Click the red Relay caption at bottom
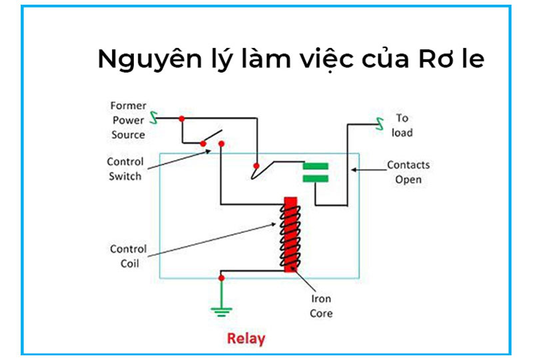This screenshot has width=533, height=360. tap(246, 339)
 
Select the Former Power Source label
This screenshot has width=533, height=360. tap(128, 120)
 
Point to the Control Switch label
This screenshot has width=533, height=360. tap(124, 169)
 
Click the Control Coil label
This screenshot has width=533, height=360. tap(128, 256)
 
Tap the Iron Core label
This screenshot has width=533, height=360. tap(321, 307)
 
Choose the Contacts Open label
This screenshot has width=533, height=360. tap(408, 172)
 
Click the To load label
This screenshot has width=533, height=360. tap(402, 125)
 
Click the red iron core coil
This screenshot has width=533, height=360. tap(290, 234)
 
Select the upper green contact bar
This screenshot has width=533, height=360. tap(316, 165)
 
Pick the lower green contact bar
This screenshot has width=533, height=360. tap(316, 178)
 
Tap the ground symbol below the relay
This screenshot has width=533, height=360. tap(221, 309)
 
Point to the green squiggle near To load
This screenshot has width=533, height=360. tap(380, 123)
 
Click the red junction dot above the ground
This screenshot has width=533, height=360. tap(221, 277)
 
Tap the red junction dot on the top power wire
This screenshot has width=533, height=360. tap(181, 119)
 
